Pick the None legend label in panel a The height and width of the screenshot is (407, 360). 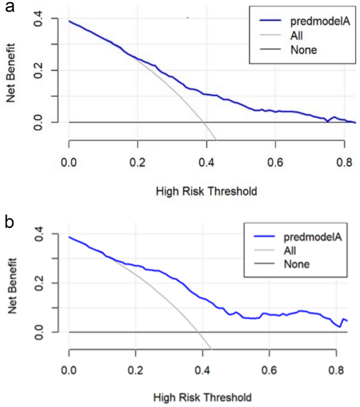point(303,50)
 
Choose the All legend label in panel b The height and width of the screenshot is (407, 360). point(296,250)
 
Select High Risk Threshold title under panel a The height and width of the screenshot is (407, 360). point(206,191)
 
